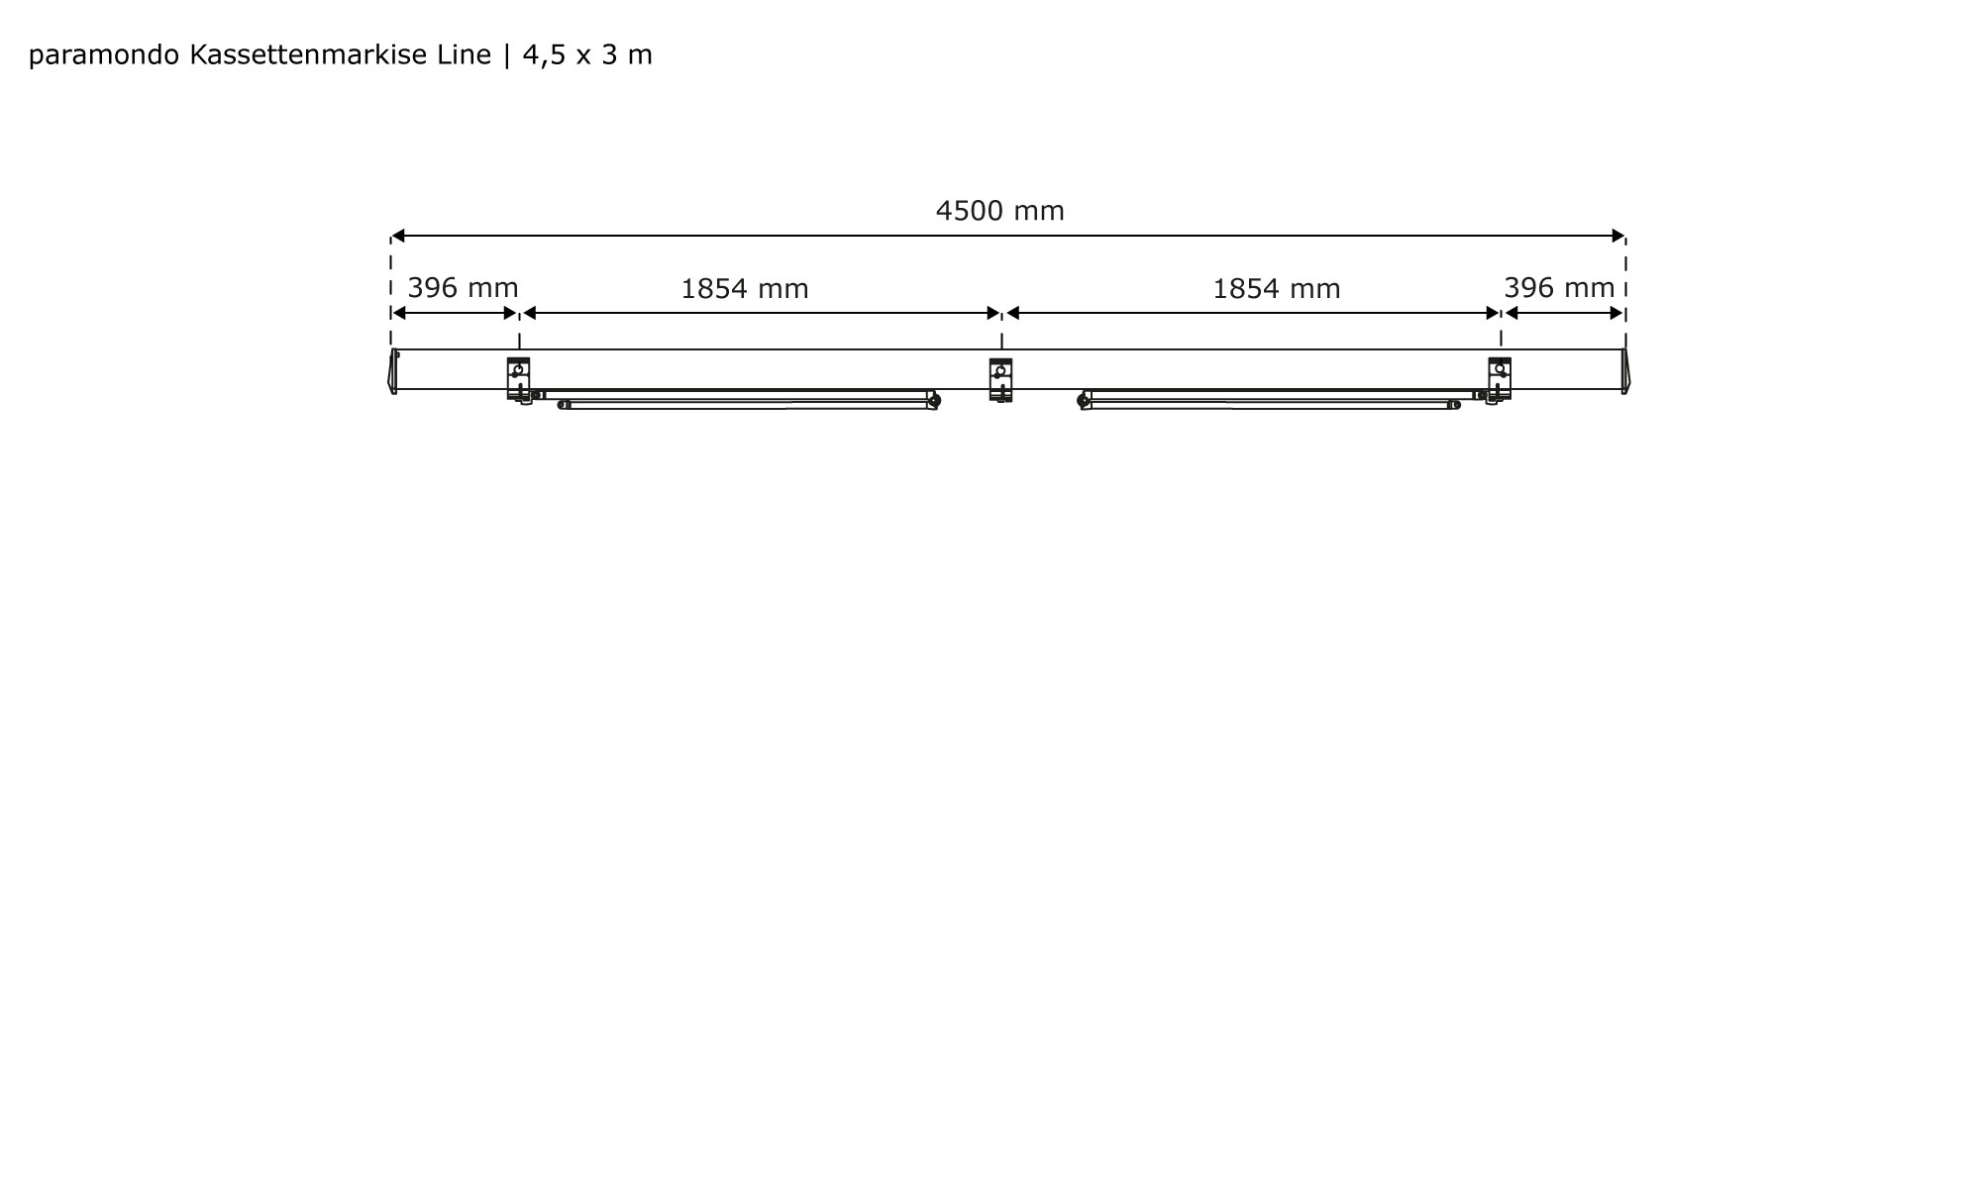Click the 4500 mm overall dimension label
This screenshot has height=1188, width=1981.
pos(999,211)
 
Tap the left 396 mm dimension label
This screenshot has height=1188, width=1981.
pos(463,288)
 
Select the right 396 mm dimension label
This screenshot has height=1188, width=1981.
pos(1559,288)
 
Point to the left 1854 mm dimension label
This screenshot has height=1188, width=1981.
pos(744,289)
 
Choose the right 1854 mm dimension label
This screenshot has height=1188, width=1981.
pos(1276,289)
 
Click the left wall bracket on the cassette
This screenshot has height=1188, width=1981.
pos(518,378)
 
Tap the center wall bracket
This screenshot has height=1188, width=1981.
pos(1000,379)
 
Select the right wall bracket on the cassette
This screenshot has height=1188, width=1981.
pos(1500,378)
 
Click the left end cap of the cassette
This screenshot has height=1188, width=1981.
pos(393,371)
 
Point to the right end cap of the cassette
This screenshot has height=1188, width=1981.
pos(1624,371)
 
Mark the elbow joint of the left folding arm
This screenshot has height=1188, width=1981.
pos(935,400)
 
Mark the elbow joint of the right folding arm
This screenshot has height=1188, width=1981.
pos(1083,400)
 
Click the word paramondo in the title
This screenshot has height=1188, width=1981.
pos(105,55)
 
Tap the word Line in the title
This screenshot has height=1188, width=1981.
pos(465,55)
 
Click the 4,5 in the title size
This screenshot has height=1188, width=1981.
pos(545,55)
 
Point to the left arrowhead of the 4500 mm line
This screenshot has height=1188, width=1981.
pos(397,236)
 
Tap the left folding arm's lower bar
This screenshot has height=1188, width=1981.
pos(748,405)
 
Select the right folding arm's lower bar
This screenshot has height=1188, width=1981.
pos(1273,405)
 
